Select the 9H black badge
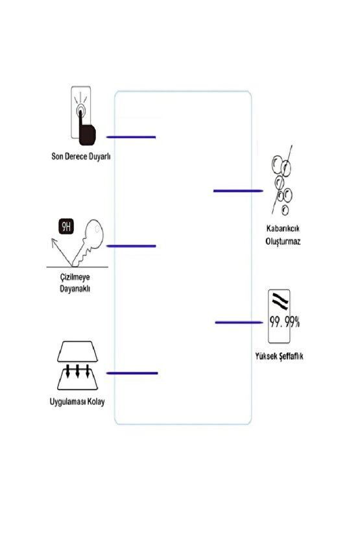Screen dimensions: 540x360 [x=66, y=227]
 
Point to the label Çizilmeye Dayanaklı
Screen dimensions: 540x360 [x=70, y=283]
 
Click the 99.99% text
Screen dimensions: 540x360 [x=283, y=321]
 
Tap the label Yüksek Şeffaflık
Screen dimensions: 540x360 [x=280, y=357]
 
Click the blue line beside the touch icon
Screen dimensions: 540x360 [x=131, y=137]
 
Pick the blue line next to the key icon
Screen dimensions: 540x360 [x=131, y=246]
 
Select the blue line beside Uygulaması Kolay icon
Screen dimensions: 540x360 [x=132, y=373]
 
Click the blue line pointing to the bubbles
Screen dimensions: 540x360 [x=237, y=191]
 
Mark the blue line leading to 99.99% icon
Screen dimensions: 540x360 [x=238, y=322]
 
